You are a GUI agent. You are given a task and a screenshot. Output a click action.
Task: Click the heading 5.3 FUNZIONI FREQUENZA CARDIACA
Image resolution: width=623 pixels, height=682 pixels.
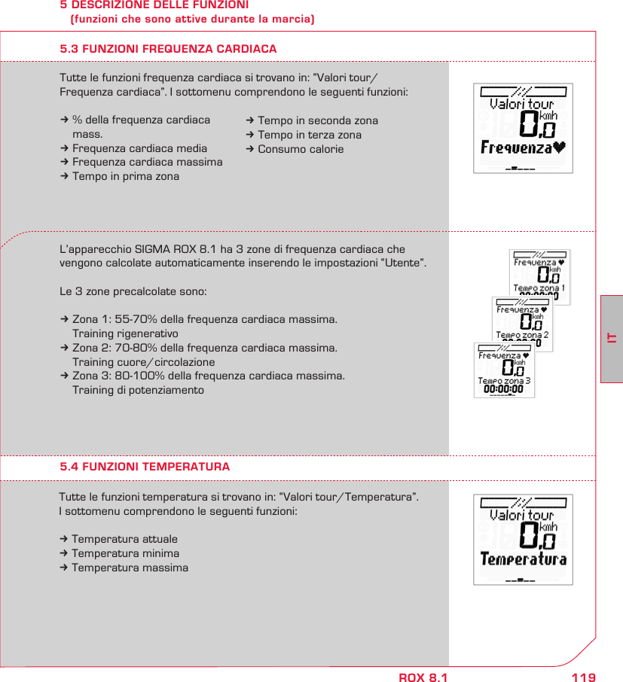(168, 49)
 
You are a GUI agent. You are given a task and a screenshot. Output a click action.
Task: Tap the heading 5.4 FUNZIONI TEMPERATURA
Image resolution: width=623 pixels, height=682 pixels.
(145, 467)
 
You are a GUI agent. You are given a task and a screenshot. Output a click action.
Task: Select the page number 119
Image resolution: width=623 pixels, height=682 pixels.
(583, 677)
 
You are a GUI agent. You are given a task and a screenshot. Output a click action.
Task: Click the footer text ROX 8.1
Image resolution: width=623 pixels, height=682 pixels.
(423, 677)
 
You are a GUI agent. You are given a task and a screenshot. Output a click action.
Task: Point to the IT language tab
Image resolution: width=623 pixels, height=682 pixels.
(612, 339)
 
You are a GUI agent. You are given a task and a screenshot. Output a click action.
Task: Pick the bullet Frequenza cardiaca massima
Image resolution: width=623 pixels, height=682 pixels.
(147, 163)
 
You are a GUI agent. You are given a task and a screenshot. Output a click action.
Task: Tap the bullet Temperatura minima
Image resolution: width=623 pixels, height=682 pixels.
(125, 553)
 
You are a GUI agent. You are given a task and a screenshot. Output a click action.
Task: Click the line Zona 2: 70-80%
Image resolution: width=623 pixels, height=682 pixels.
(204, 348)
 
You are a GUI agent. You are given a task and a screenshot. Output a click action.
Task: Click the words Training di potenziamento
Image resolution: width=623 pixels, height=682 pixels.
(138, 391)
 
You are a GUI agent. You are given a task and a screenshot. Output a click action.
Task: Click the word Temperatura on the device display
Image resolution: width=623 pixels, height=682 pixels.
(524, 560)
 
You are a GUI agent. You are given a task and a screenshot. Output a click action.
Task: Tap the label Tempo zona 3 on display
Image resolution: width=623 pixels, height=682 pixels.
(503, 381)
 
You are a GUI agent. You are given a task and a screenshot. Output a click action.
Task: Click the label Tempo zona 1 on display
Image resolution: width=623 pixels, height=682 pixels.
(539, 288)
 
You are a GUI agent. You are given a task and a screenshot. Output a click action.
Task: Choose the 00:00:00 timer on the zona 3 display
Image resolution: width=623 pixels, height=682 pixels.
(503, 389)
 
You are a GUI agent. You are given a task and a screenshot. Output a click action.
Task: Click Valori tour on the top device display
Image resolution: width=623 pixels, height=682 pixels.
(521, 105)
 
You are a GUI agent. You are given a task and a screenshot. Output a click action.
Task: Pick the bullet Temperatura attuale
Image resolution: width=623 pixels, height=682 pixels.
(124, 539)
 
